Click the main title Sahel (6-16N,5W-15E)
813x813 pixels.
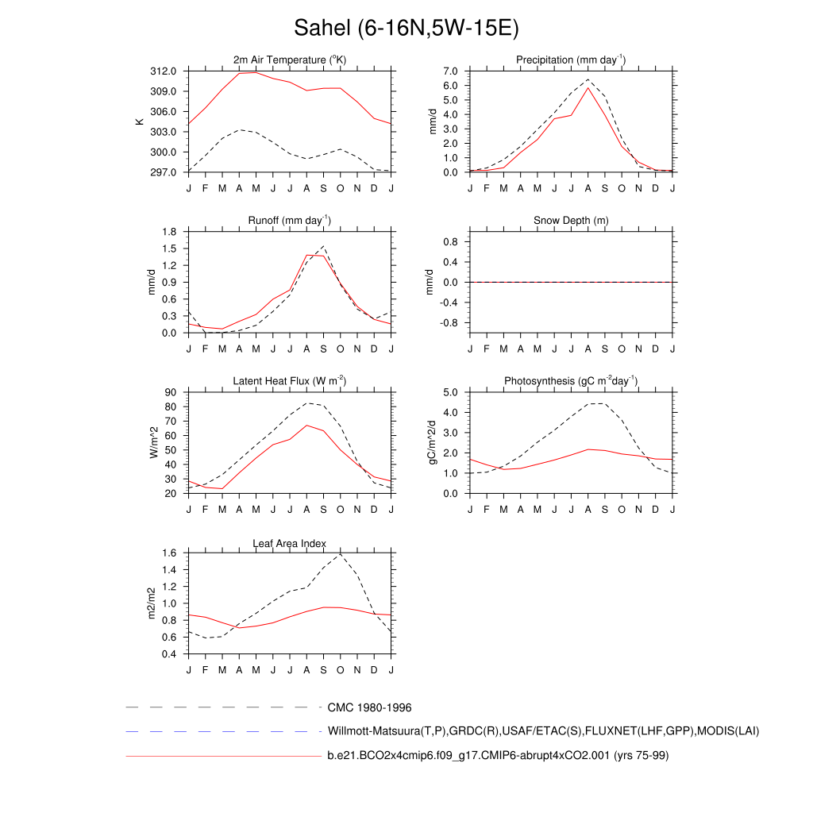pyautogui.click(x=406, y=29)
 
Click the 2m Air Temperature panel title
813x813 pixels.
pyautogui.click(x=290, y=60)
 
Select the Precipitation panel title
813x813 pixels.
pyautogui.click(x=571, y=60)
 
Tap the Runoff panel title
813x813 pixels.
pyautogui.click(x=290, y=220)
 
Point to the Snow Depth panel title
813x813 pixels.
pyautogui.click(x=571, y=220)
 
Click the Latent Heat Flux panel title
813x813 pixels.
pyautogui.click(x=290, y=381)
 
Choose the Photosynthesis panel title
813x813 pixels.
pyautogui.click(x=571, y=381)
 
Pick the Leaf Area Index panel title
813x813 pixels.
pyautogui.click(x=290, y=543)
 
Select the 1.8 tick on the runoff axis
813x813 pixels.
pyautogui.click(x=169, y=232)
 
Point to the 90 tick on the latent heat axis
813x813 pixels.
pyautogui.click(x=172, y=392)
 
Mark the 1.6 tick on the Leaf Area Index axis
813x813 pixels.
pyautogui.click(x=169, y=553)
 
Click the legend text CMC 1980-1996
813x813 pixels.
pyautogui.click(x=369, y=707)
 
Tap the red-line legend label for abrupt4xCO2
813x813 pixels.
pyautogui.click(x=498, y=756)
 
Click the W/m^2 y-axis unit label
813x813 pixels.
pyautogui.click(x=154, y=442)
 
